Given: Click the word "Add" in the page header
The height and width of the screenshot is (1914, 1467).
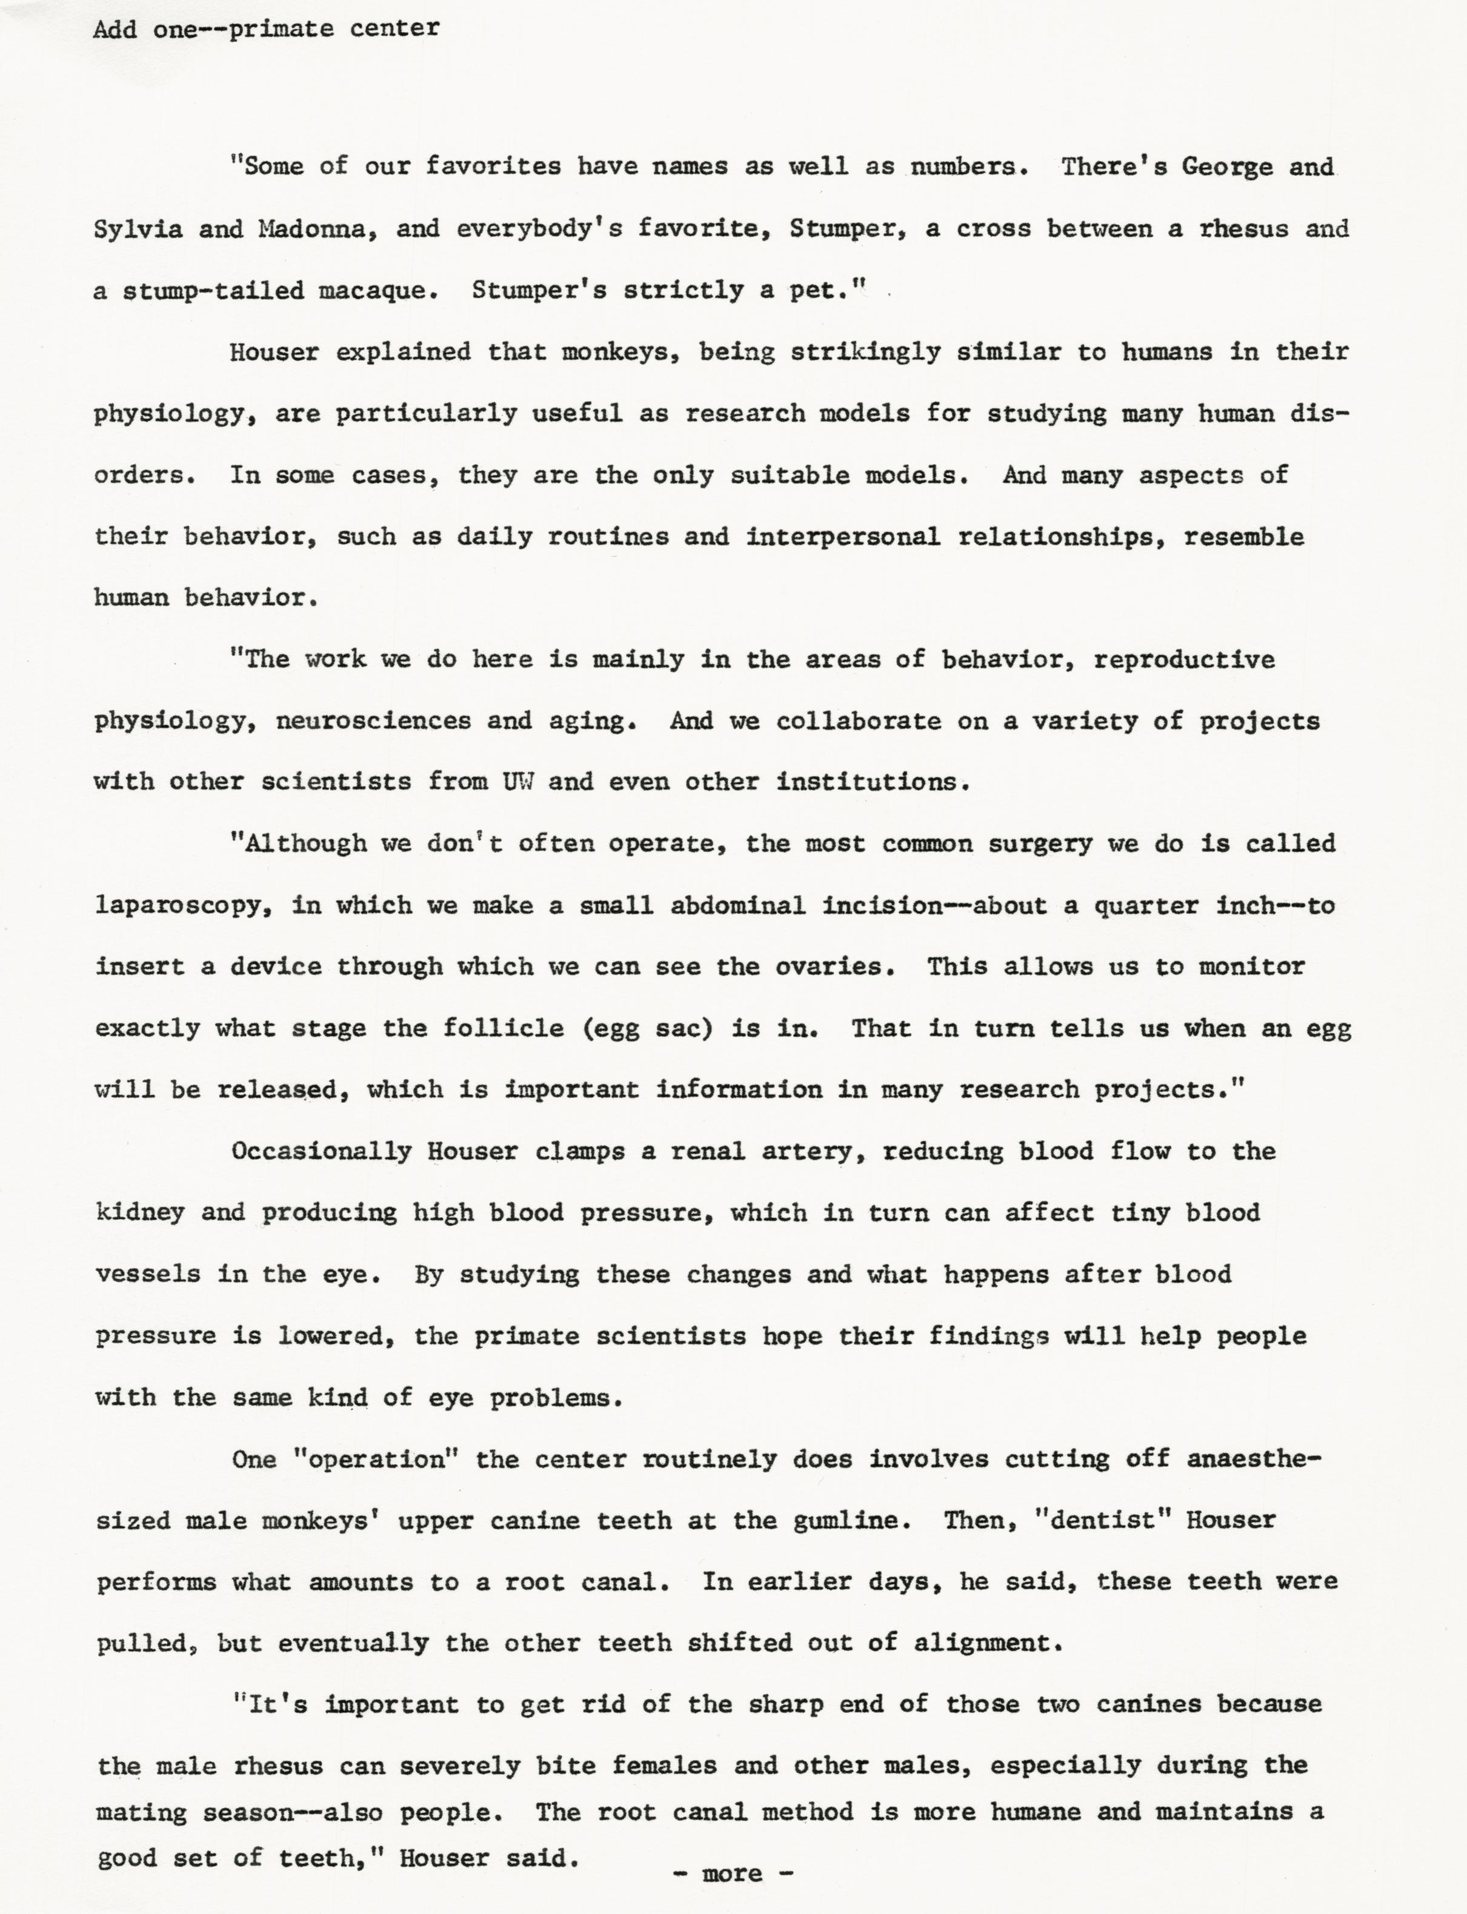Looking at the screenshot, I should point(115,29).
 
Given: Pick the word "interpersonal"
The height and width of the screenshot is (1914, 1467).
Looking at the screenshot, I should point(843,537).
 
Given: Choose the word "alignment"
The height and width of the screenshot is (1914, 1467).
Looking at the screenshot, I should point(988,1643).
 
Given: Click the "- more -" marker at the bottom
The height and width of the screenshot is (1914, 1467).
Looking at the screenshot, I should point(733,1873).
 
